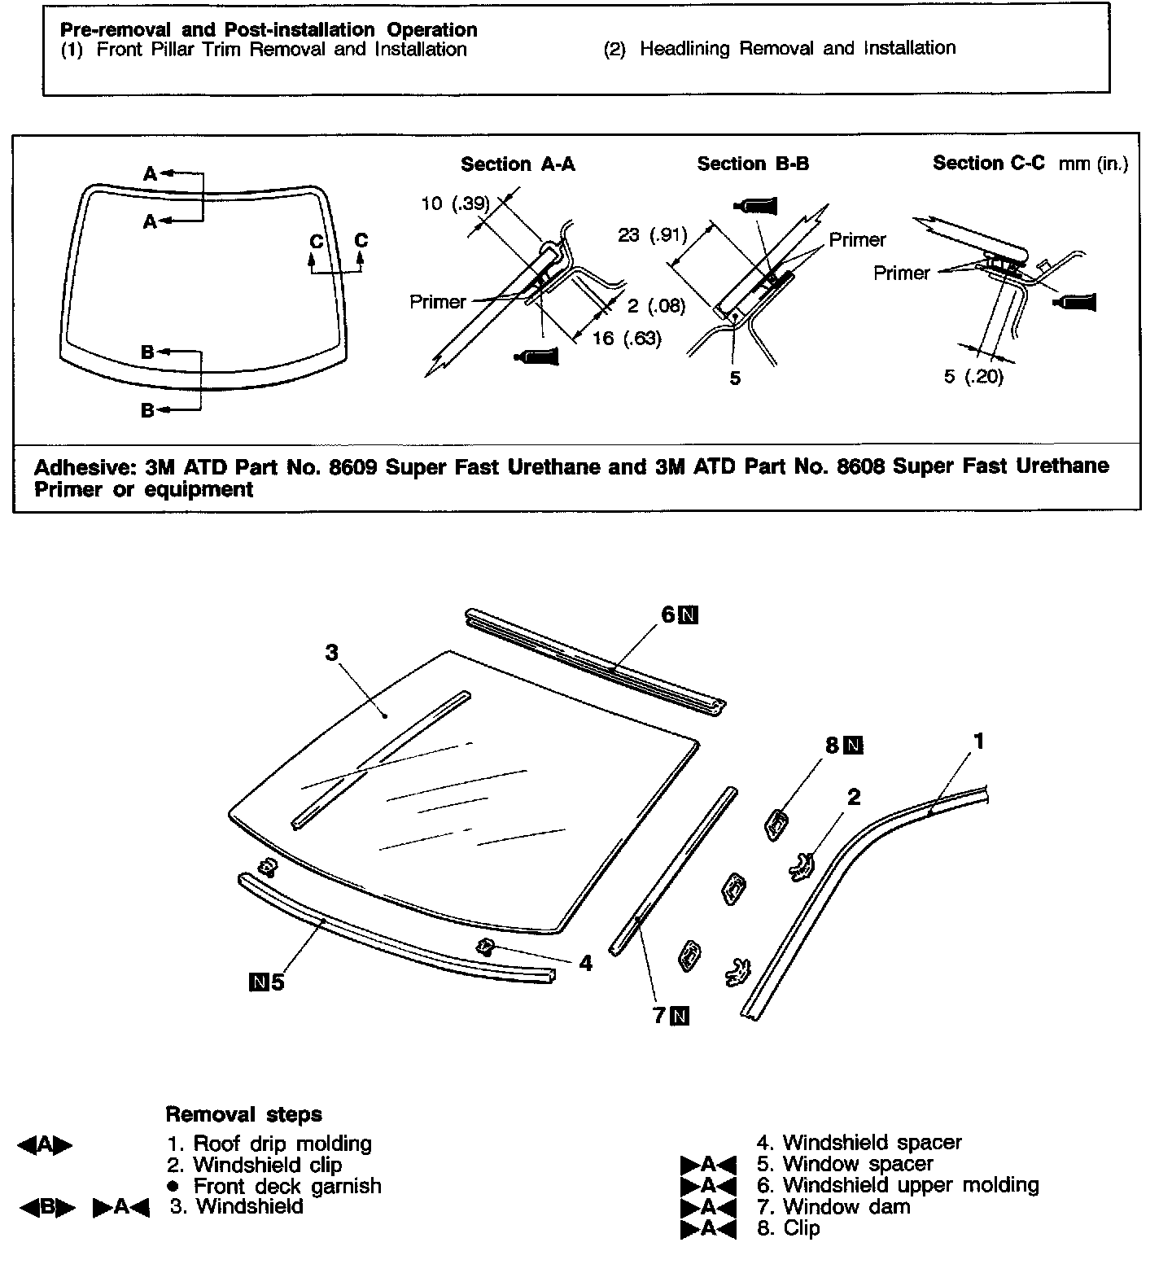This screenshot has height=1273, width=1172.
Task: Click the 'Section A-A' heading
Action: [518, 164]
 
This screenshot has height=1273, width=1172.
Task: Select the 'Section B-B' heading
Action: [753, 164]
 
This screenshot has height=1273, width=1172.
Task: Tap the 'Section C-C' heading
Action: [988, 163]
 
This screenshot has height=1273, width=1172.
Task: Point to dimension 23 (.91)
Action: [652, 236]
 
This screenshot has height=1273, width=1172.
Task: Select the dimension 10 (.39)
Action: [455, 203]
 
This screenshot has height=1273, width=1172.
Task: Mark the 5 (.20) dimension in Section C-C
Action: [973, 377]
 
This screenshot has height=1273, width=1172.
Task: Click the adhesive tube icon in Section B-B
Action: [757, 205]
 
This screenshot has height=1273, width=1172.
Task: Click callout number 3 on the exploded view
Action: [331, 653]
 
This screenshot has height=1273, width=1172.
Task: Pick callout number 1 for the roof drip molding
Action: [979, 741]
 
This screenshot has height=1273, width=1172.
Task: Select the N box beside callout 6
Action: [689, 615]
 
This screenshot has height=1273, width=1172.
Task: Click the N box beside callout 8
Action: [853, 745]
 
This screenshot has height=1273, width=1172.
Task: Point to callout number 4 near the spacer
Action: [586, 963]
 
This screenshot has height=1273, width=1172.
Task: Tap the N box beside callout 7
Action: [680, 1015]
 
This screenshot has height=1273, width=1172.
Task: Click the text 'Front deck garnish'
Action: [286, 1186]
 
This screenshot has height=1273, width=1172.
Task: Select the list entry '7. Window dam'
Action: [833, 1206]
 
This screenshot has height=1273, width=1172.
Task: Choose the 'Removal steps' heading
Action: [243, 1114]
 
